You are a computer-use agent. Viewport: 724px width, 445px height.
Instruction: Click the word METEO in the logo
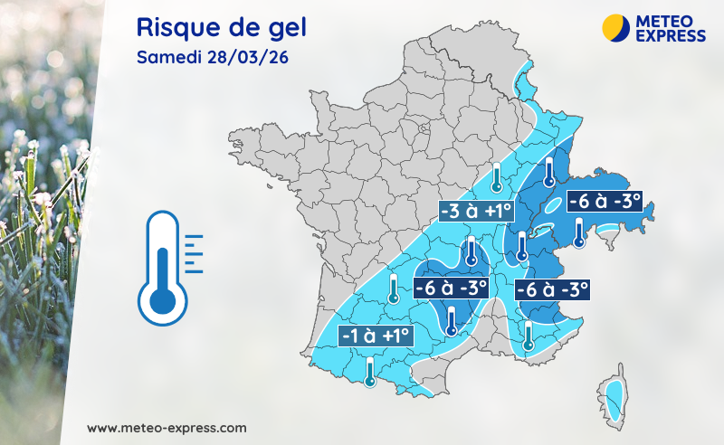[672, 20]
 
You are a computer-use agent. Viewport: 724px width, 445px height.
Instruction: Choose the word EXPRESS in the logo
[672, 34]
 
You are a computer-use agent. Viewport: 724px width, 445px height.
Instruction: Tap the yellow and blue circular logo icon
[616, 27]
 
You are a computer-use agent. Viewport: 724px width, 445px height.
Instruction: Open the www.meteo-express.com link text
[167, 427]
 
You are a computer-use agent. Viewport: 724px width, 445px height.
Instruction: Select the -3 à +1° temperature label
[475, 212]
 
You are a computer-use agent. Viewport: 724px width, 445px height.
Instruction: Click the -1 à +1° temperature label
[376, 336]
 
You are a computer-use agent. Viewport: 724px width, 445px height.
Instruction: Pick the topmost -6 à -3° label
[604, 201]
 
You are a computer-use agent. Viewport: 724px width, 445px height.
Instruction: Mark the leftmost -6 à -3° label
[451, 289]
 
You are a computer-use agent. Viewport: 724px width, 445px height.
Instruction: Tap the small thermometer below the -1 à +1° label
[369, 371]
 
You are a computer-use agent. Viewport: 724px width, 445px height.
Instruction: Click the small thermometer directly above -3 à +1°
[496, 178]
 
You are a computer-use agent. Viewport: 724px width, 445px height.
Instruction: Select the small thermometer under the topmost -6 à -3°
[580, 233]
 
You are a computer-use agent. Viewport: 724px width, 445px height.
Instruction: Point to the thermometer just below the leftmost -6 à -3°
[451, 320]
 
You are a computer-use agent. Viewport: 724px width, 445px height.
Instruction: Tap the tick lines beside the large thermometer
[193, 253]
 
